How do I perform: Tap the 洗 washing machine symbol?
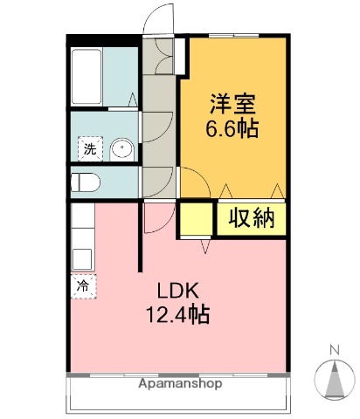tap(89, 149)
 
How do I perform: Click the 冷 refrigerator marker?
tap(83, 285)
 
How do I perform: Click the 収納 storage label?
tap(252, 218)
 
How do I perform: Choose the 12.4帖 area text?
tap(179, 315)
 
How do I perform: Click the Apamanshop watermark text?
tap(179, 383)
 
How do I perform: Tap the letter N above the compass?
tap(334, 351)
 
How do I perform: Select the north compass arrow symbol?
tap(334, 380)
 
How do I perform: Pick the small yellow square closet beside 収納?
tap(196, 219)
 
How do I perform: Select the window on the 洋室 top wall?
tap(233, 36)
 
